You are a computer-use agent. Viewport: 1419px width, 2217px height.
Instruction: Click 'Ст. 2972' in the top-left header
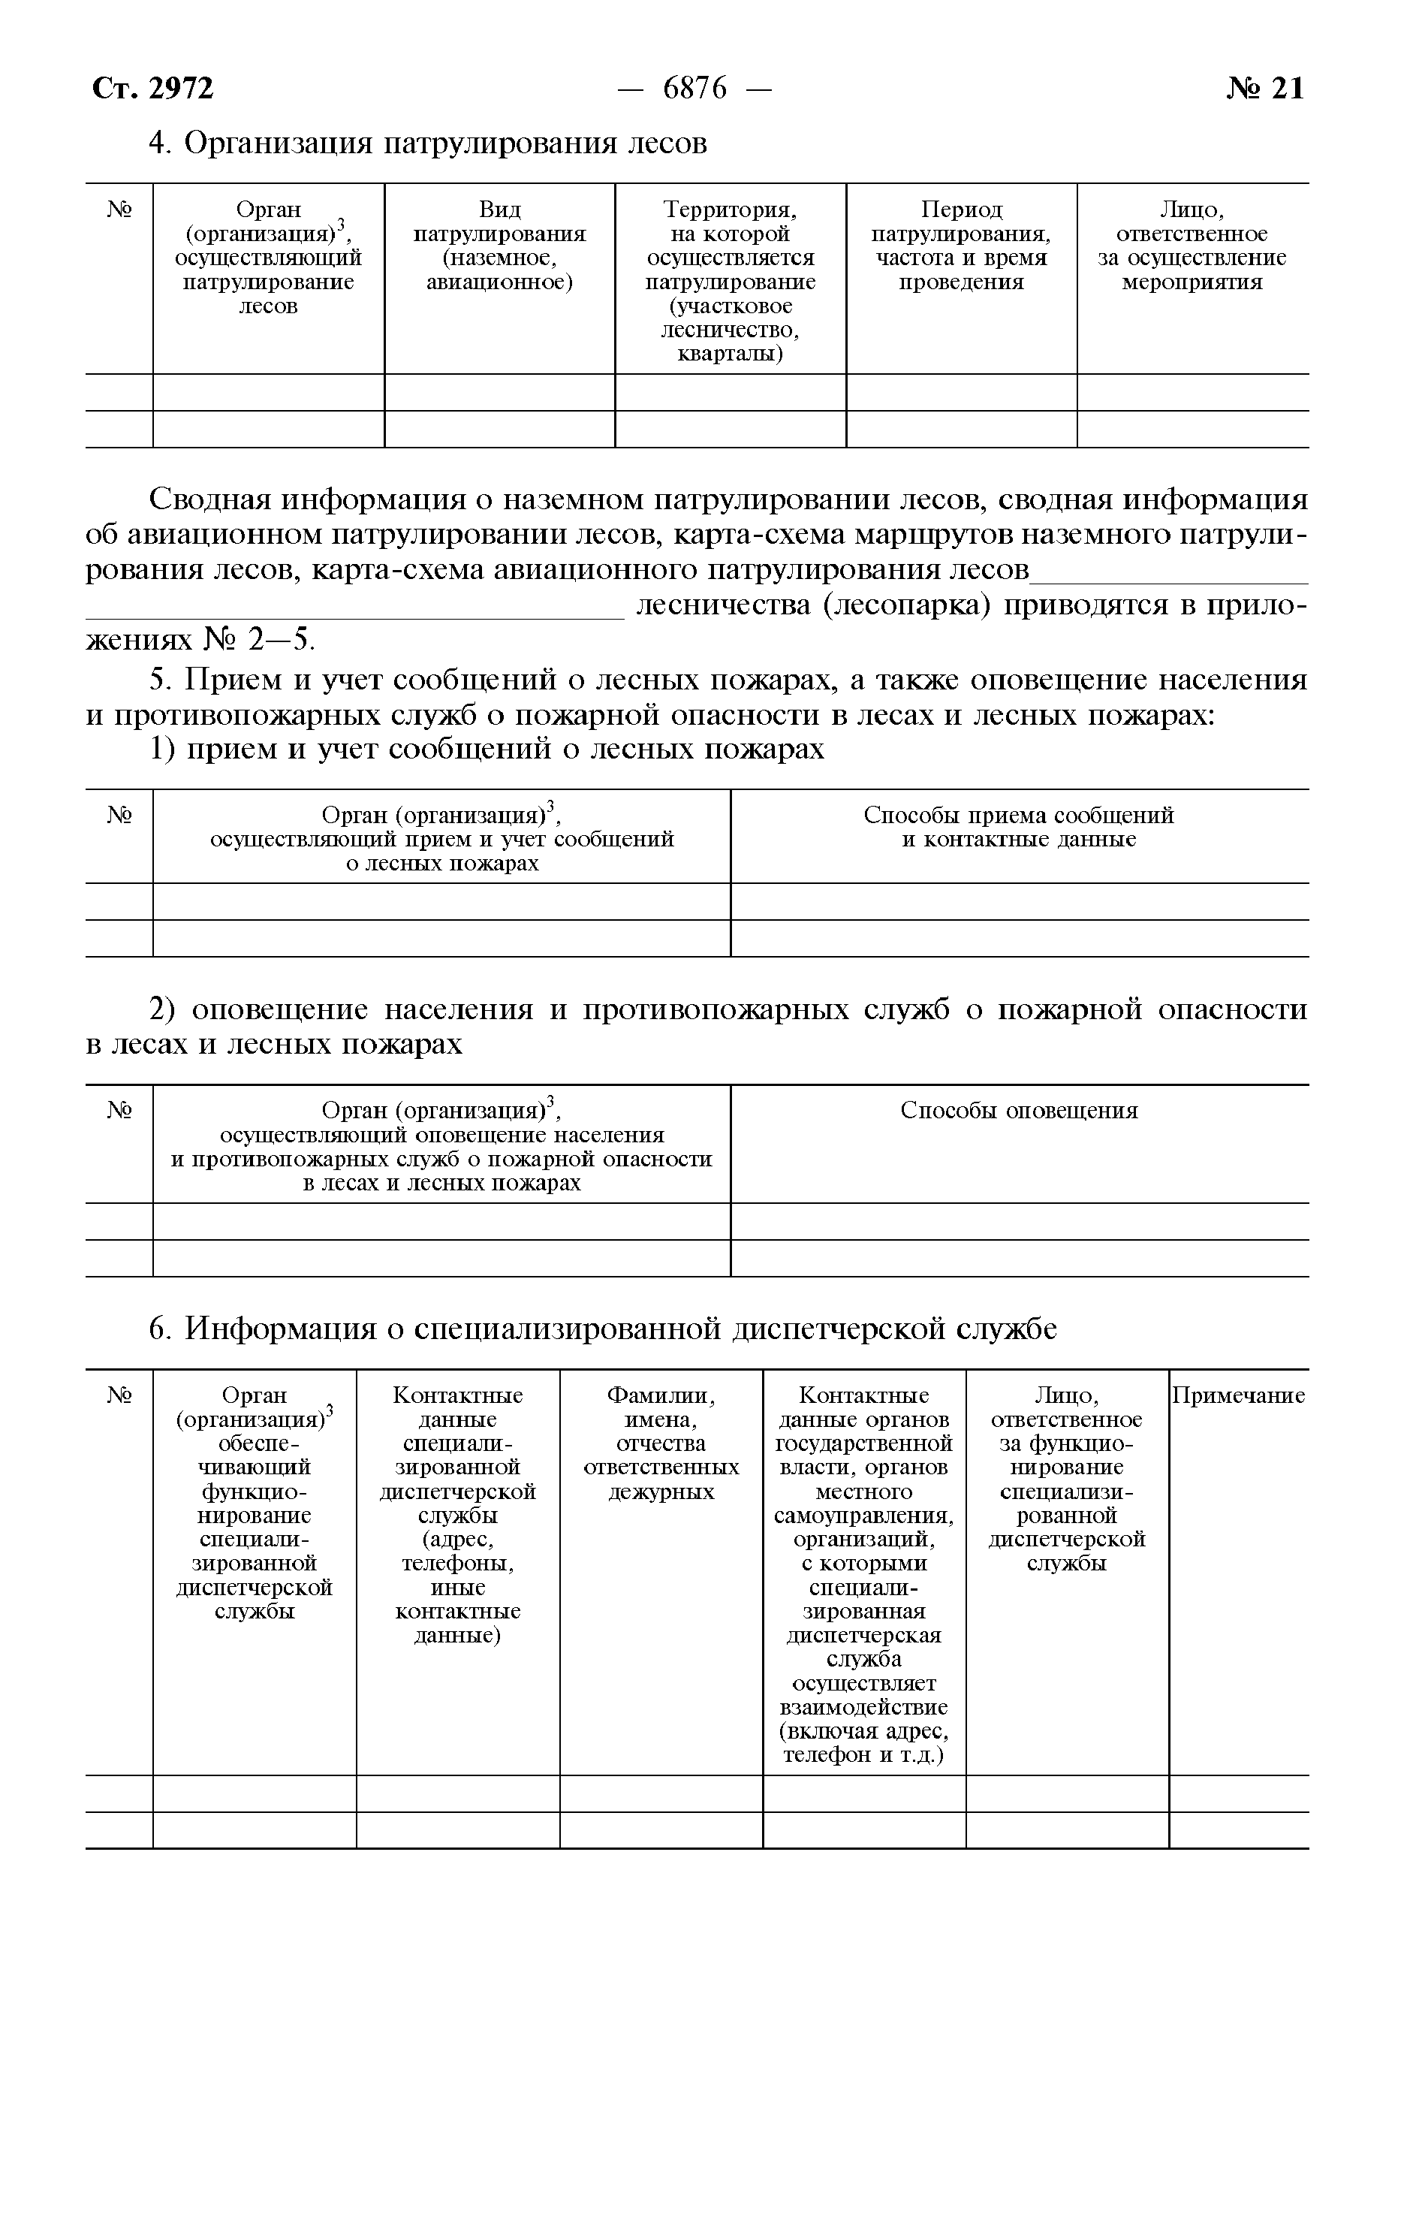pos(153,89)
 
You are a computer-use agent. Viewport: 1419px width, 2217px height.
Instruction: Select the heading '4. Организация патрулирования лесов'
pos(429,143)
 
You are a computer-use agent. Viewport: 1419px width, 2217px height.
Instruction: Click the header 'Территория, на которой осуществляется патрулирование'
pos(730,282)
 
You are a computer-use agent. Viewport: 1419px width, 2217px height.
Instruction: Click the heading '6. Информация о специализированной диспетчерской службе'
pos(604,1329)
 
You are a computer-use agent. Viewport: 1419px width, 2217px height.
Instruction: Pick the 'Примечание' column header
pos(1237,1396)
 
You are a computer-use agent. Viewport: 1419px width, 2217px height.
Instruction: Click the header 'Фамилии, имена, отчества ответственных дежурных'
pos(661,1444)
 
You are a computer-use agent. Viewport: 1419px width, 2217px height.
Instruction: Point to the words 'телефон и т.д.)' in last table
pos(863,1755)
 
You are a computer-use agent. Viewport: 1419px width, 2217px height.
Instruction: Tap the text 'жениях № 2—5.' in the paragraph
pos(201,638)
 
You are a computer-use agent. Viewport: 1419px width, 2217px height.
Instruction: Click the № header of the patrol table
pos(119,210)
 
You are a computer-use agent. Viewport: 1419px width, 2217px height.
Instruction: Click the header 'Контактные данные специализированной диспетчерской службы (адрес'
pos(457,1516)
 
